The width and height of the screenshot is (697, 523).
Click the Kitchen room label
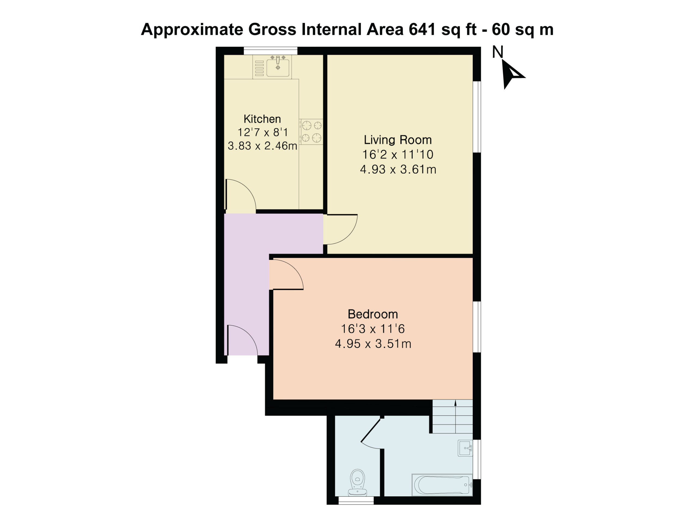pyautogui.click(x=262, y=119)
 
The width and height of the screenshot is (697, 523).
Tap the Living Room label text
pyautogui.click(x=398, y=140)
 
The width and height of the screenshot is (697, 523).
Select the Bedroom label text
pyautogui.click(x=373, y=314)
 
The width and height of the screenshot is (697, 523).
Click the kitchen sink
pyautogui.click(x=272, y=66)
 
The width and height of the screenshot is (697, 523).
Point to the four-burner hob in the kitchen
pyautogui.click(x=311, y=132)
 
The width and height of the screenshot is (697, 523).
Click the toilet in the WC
pyautogui.click(x=357, y=482)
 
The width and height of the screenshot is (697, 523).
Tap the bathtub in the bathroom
pyautogui.click(x=442, y=485)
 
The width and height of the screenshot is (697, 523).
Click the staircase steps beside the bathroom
pyautogui.click(x=453, y=416)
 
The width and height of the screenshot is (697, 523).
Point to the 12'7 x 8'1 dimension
pyautogui.click(x=262, y=132)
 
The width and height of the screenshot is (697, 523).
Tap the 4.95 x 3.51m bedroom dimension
pyautogui.click(x=373, y=343)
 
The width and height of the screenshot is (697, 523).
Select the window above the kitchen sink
pyautogui.click(x=271, y=51)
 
